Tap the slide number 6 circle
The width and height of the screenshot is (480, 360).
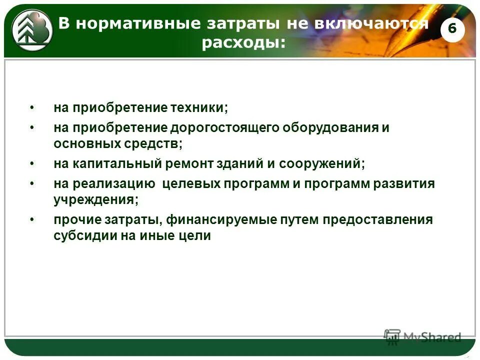[452, 29]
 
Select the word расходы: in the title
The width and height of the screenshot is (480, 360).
[244, 43]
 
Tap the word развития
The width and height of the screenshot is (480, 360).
[404, 183]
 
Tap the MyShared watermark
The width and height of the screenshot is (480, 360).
[423, 336]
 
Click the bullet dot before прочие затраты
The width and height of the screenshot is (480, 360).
[32, 220]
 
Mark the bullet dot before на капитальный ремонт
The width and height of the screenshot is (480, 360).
[32, 163]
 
